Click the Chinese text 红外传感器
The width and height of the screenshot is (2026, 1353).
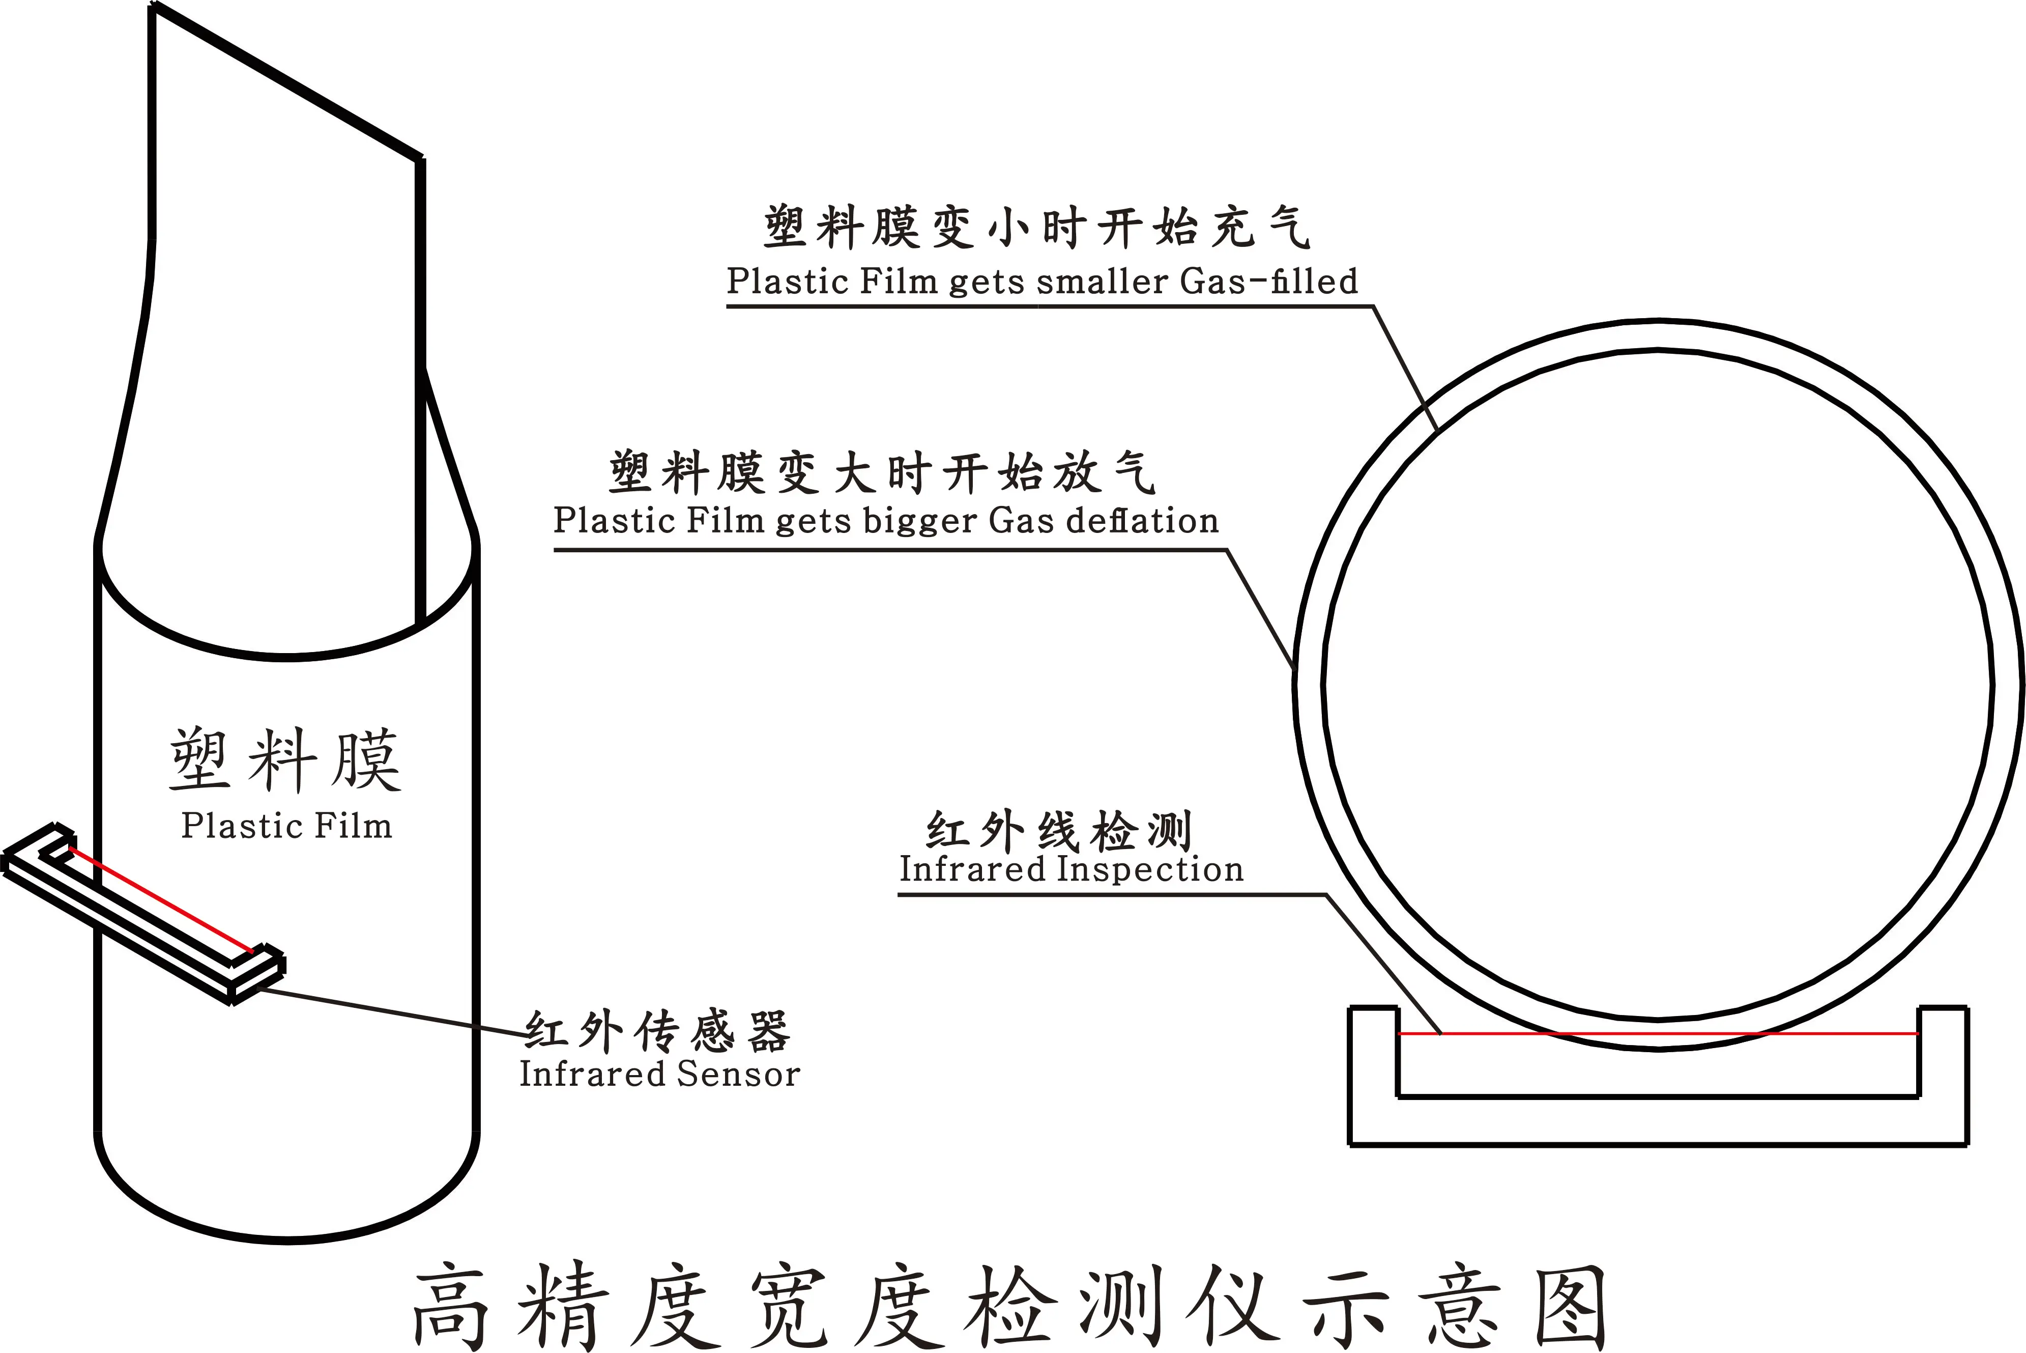[657, 1031]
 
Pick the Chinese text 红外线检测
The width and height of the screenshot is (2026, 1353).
[1059, 831]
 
